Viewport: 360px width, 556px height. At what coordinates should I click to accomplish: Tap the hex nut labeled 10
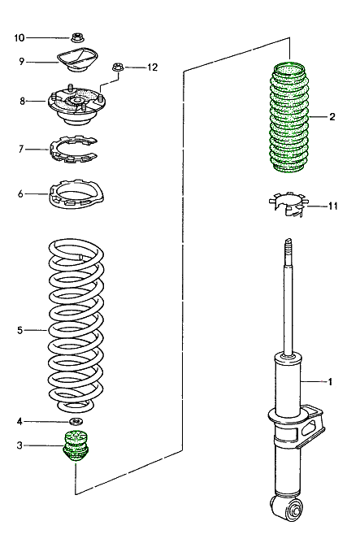[x=77, y=37]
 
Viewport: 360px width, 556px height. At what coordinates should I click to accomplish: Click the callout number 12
[x=151, y=67]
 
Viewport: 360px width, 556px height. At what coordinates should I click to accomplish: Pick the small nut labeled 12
[x=118, y=68]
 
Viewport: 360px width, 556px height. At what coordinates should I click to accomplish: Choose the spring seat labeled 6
[x=80, y=197]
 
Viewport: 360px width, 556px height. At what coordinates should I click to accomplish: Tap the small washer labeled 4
[x=76, y=421]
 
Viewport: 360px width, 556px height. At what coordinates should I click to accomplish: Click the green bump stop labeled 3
[x=77, y=448]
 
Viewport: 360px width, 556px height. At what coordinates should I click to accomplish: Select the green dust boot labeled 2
[x=290, y=119]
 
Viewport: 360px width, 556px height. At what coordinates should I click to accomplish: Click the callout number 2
[x=332, y=117]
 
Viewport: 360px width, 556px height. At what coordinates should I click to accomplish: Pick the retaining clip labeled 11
[x=288, y=204]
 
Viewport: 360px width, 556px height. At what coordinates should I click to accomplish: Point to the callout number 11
[x=332, y=206]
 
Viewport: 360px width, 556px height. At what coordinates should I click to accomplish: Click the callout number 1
[x=331, y=380]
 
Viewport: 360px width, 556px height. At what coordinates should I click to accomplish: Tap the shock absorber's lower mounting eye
[x=293, y=510]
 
